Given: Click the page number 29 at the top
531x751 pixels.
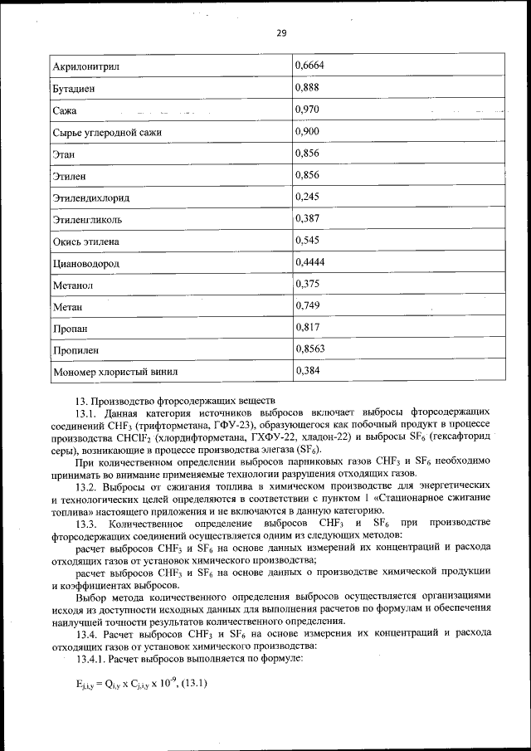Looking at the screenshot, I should point(281,33).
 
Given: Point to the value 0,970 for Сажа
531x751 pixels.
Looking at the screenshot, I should point(308,109).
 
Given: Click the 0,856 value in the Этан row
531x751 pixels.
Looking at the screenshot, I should point(308,154).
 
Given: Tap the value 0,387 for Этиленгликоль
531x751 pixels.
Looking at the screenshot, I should point(308,219).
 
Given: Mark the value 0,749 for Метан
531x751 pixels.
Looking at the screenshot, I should point(308,306).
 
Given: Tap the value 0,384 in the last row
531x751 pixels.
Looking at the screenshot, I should point(308,371).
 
